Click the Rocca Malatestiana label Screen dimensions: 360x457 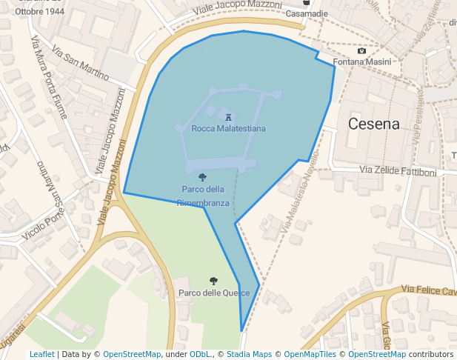coord(228,128)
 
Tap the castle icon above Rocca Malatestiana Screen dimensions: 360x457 coord(228,116)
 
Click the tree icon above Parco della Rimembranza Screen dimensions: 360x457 coord(203,177)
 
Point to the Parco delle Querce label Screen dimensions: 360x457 coord(213,293)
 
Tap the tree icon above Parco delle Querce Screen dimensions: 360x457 coord(213,281)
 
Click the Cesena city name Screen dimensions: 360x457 coord(373,124)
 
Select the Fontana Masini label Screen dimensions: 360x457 coord(362,62)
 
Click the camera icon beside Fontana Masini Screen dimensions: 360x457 coord(361,50)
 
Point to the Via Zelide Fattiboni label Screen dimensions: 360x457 coord(398,171)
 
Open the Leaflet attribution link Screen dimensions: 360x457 coord(41,354)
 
